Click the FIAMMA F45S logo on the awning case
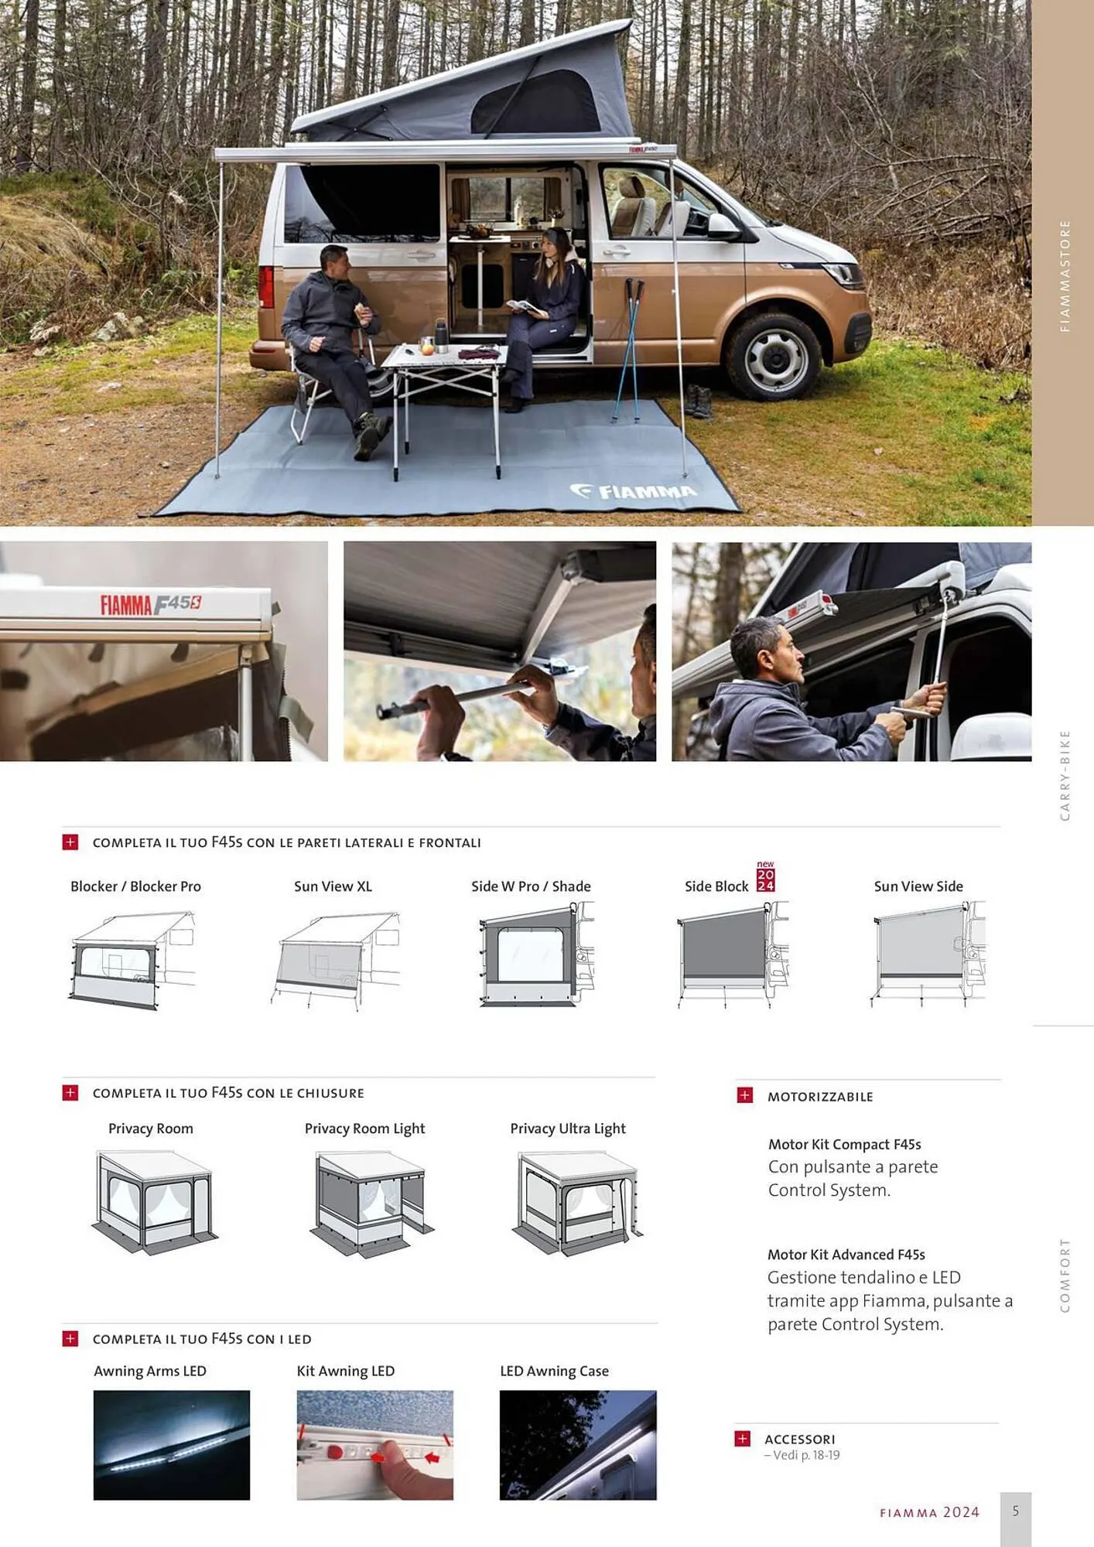click(151, 604)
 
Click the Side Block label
click(716, 886)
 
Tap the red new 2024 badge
click(765, 876)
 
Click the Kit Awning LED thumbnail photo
click(375, 1445)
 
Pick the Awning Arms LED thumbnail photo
click(172, 1445)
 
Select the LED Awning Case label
click(554, 1371)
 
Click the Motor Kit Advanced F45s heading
click(846, 1255)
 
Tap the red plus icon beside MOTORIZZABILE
click(744, 1095)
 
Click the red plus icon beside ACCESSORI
click(742, 1438)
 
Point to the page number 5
click(1016, 1511)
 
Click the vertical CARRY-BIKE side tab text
click(1065, 775)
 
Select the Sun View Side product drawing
click(928, 954)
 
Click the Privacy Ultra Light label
click(568, 1129)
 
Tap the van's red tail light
click(266, 286)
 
